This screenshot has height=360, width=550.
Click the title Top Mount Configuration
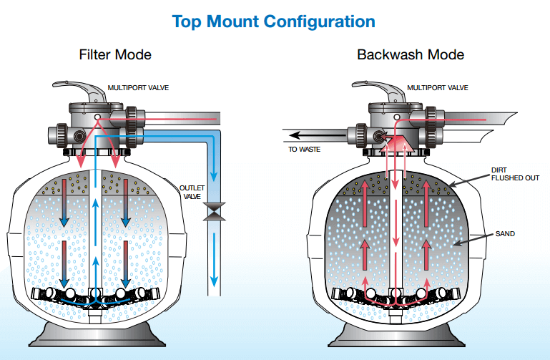pos(274,21)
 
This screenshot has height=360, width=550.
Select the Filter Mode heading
pos(115,54)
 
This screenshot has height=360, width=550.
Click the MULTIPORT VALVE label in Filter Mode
pos(137,88)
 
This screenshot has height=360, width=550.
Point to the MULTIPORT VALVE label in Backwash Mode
pos(438,88)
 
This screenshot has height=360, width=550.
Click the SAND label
pos(504,233)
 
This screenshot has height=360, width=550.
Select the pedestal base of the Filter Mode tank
pos(97,336)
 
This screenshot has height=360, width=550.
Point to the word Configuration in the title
pos(319,21)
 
